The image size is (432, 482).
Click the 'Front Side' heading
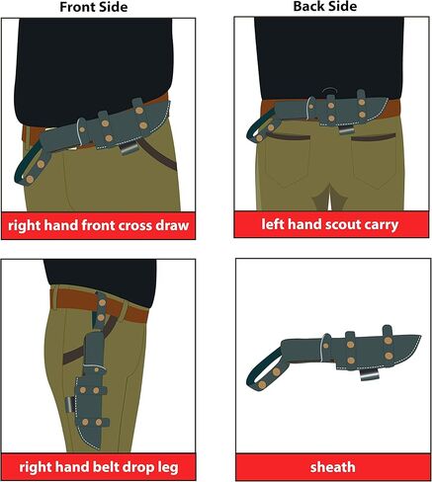pos(94,7)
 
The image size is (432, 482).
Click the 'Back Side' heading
pos(325,7)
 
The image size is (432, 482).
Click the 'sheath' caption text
pos(333,467)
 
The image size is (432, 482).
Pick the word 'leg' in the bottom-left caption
pos(167,468)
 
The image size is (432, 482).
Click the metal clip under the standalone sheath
pos(368,374)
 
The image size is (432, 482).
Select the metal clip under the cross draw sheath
pos(128,149)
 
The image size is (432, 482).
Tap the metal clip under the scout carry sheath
pos(346,130)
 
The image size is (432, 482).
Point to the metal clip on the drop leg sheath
pos(70,404)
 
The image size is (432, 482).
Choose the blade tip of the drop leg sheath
pos(98,448)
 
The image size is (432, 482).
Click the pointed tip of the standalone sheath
pos(419,337)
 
